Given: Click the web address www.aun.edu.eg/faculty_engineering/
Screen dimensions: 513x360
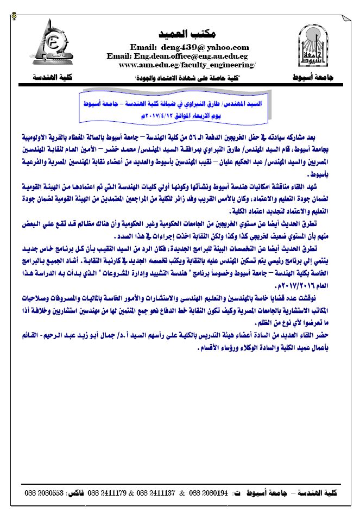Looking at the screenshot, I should [187, 65].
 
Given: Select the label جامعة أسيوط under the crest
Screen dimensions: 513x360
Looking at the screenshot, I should [314, 78].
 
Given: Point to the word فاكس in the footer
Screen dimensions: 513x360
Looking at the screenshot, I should [74, 492].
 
